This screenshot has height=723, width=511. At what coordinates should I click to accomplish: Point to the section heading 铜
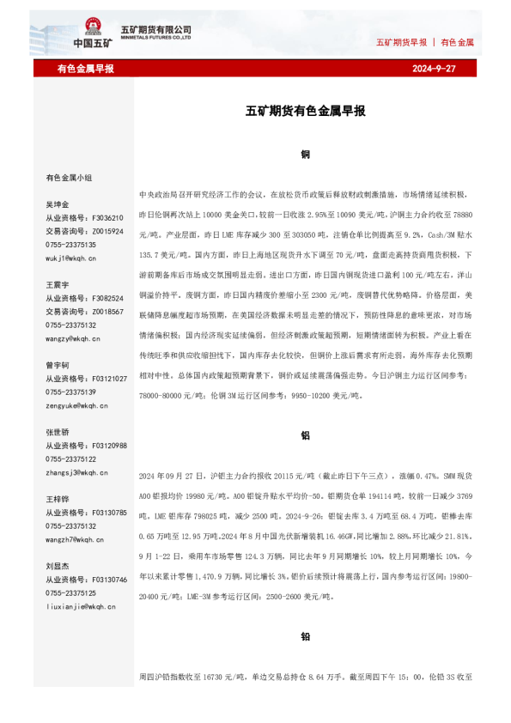click(x=305, y=155)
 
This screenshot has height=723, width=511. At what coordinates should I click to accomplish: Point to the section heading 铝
click(x=305, y=435)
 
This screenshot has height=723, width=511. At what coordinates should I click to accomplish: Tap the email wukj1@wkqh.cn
click(x=70, y=257)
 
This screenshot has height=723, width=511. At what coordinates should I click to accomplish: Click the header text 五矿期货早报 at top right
click(x=401, y=41)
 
